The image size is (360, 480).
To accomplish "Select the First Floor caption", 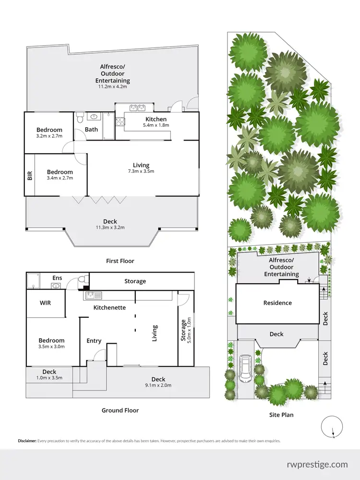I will [120, 261].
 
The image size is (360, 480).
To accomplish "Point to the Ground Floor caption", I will [120, 410].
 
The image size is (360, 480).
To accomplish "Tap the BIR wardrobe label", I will [30, 175].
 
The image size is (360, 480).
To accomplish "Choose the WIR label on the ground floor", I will [45, 303].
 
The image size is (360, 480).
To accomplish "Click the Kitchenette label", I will [109, 307].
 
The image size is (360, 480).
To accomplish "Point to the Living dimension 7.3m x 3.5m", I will [141, 171].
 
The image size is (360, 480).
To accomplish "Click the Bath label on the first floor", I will [91, 130].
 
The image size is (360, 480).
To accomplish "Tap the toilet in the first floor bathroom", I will [80, 117].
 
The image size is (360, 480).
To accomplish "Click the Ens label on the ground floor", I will [57, 278].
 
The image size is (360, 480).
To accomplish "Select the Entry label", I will [94, 341].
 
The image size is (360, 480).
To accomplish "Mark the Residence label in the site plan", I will [277, 303].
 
